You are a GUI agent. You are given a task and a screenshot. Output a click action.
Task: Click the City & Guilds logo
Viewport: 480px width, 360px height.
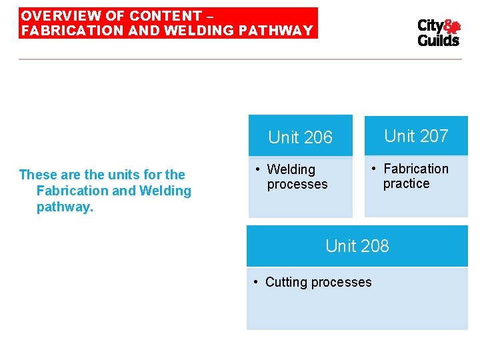click(x=438, y=33)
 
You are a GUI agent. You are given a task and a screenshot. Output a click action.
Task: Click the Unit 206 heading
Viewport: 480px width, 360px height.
click(x=300, y=137)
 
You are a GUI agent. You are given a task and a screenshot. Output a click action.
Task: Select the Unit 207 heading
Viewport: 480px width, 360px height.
click(x=416, y=136)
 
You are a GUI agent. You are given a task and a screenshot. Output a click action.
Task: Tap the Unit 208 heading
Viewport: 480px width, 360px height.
click(x=357, y=246)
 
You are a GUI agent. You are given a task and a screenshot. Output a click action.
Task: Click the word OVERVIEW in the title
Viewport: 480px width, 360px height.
click(x=54, y=15)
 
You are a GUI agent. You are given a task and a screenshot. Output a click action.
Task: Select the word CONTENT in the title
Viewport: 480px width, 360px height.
click(x=165, y=15)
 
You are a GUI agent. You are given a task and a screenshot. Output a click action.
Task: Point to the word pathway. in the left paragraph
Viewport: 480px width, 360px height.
click(x=65, y=207)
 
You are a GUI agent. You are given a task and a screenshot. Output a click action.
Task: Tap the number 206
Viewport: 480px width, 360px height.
click(x=318, y=137)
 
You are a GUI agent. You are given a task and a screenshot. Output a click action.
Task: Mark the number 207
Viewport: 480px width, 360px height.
click(x=434, y=136)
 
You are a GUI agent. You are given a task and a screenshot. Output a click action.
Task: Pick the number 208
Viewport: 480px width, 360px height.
click(x=375, y=246)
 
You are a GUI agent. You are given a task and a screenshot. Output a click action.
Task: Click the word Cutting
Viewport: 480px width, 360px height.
click(x=286, y=282)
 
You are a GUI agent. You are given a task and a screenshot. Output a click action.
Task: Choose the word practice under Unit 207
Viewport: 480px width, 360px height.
click(x=406, y=183)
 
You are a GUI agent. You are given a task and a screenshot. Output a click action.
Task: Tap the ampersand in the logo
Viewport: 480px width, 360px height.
click(x=453, y=27)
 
